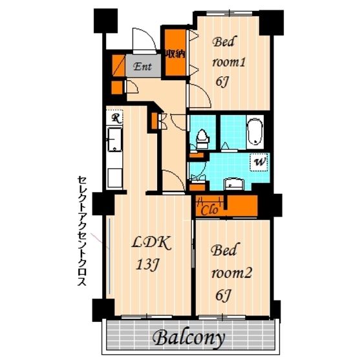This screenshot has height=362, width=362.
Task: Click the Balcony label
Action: tap(188, 339)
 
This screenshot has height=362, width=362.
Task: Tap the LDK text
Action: tap(151, 243)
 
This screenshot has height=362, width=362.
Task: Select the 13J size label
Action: tap(148, 264)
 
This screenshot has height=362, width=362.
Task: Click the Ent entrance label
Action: tap(143, 67)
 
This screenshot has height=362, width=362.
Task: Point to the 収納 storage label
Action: tap(175, 54)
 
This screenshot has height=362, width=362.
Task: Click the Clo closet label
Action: tap(209, 210)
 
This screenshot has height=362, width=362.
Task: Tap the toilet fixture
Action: tap(203, 139)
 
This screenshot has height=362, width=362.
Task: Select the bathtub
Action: tap(255, 132)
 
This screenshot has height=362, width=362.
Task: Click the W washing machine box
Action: tap(259, 162)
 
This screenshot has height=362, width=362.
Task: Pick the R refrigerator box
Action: tap(114, 118)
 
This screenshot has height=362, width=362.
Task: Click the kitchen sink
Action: tap(114, 140)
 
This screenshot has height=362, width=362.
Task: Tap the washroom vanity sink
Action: tap(234, 184)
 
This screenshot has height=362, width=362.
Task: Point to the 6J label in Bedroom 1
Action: tap(222, 81)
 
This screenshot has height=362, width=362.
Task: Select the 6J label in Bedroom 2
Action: tap(223, 295)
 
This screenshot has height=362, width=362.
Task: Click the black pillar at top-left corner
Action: tap(106, 21)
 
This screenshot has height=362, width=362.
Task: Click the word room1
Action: tap(229, 62)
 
